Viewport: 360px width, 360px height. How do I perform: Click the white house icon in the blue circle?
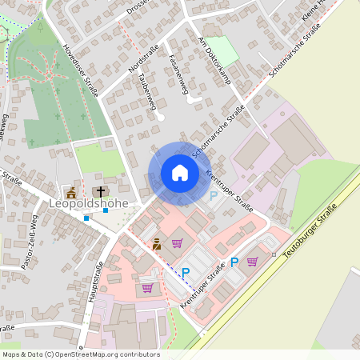point(179,173)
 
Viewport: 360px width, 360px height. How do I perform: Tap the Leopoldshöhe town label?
point(89,203)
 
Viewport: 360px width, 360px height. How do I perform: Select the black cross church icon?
point(101,191)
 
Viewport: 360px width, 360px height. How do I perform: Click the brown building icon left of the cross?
point(71,192)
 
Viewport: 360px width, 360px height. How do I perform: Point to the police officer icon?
point(157,244)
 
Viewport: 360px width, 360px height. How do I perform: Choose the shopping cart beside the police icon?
point(177,243)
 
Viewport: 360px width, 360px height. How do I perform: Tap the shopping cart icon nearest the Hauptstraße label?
point(147,287)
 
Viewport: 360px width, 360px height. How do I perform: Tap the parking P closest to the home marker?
point(213,196)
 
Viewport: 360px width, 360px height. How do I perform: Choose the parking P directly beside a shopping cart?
point(235,262)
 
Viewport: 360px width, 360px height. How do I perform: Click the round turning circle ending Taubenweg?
point(161,118)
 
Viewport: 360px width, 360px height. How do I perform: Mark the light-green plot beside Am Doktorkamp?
point(226,50)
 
